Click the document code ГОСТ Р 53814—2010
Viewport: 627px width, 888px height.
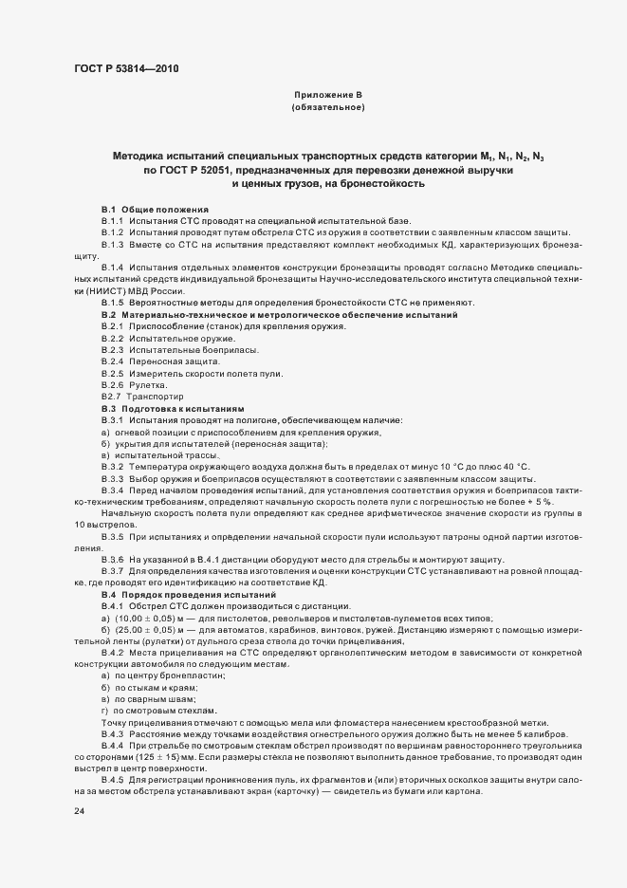tap(126, 68)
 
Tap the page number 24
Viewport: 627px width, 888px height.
tap(80, 811)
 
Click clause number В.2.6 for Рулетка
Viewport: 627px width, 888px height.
tap(113, 385)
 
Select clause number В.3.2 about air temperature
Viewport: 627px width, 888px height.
tap(113, 466)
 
